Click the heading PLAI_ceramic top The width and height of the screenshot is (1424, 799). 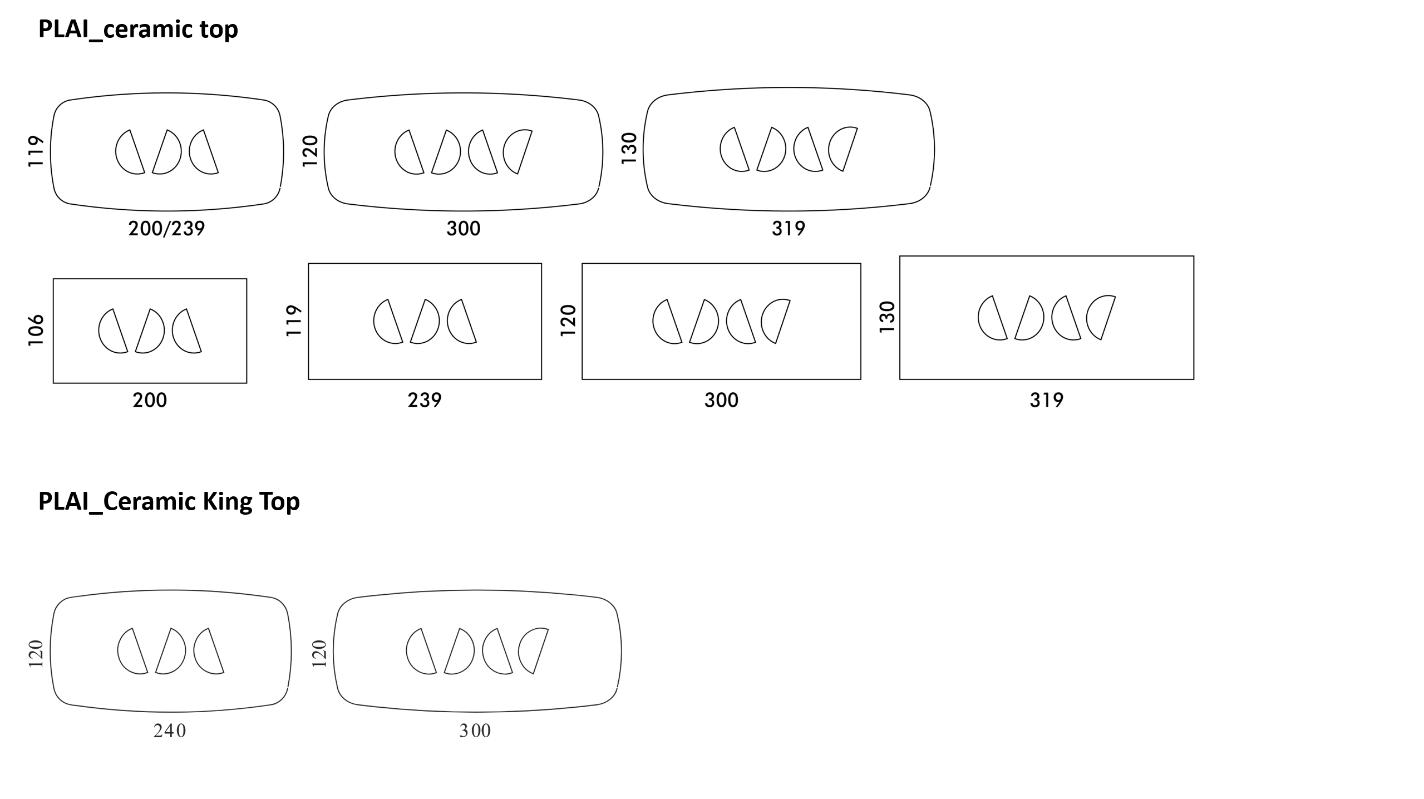tap(138, 29)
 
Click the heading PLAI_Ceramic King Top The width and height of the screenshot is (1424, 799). tap(169, 501)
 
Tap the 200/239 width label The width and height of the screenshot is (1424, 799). tap(166, 228)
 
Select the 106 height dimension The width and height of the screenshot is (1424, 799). tap(36, 330)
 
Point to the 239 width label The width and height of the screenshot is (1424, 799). tap(425, 399)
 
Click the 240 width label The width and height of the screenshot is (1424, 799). tap(170, 731)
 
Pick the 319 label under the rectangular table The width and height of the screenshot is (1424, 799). tap(1046, 399)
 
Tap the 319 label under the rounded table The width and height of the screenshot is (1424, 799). tap(788, 228)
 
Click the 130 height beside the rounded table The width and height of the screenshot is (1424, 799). tap(629, 148)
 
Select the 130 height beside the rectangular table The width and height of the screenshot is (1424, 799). tap(887, 317)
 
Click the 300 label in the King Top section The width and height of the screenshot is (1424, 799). tap(475, 731)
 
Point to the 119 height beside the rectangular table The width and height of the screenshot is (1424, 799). tap(293, 320)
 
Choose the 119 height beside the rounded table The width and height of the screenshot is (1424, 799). tap(36, 151)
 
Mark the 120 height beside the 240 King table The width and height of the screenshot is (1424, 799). tap(36, 654)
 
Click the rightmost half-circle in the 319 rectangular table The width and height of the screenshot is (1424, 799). tap(1100, 317)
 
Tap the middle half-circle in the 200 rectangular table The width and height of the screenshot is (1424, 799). tap(150, 331)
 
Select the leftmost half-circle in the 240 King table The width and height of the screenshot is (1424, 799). tap(132, 651)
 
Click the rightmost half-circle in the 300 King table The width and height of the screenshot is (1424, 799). tap(533, 651)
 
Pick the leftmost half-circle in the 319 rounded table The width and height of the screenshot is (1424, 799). tap(735, 149)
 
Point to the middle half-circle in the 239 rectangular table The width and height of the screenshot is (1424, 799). tap(425, 321)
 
